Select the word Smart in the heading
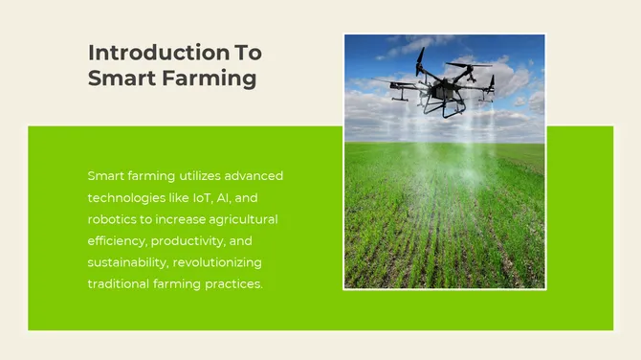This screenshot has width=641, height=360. pyautogui.click(x=117, y=79)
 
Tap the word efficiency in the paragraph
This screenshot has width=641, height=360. pyautogui.click(x=116, y=241)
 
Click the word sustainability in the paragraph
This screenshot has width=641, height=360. pyautogui.click(x=125, y=262)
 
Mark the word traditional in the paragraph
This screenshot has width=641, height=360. pyautogui.click(x=118, y=284)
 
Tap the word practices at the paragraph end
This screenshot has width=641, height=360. pyautogui.click(x=232, y=284)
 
